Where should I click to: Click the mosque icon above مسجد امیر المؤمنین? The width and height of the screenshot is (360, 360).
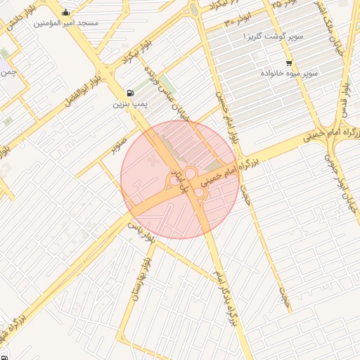click(66, 12)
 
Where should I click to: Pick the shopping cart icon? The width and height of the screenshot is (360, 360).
click(289, 63)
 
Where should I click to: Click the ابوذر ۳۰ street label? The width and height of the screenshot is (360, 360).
click(238, 20)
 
